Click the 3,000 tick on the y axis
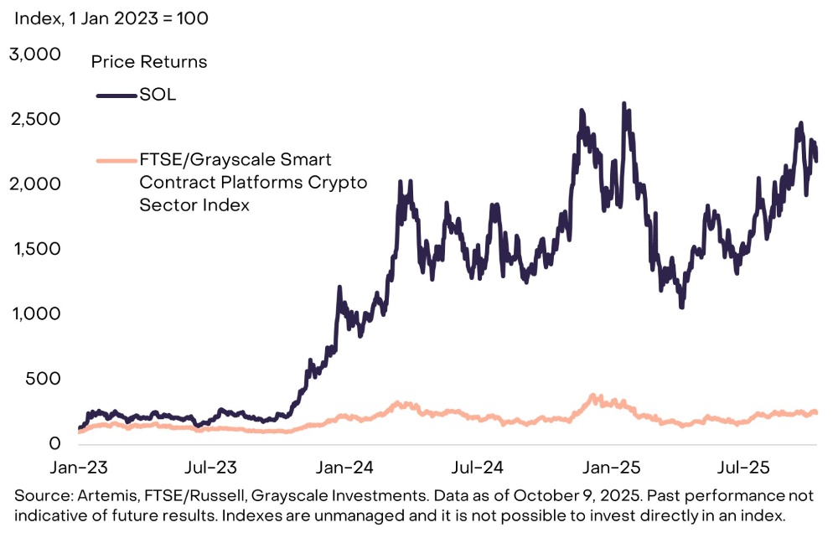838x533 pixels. [34, 54]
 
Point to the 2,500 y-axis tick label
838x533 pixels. [34, 119]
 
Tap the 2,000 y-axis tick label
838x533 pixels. [34, 184]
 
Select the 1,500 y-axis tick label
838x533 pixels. [36, 249]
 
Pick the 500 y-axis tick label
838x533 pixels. [43, 378]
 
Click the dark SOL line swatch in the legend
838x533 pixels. [116, 96]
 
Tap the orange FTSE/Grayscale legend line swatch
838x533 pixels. [116, 159]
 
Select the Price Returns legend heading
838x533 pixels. [149, 62]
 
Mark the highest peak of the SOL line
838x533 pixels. [623, 104]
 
